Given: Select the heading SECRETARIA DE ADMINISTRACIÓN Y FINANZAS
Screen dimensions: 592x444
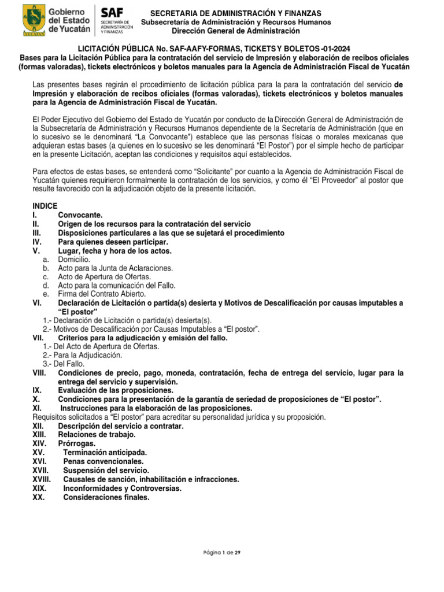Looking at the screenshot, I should [x=236, y=13].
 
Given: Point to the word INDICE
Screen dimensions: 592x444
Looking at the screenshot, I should [x=45, y=206].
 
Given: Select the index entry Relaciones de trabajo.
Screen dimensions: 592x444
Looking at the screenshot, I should [x=97, y=434].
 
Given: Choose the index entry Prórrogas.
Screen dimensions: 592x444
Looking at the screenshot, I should [x=77, y=443].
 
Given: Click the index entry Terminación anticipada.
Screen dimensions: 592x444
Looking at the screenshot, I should [x=105, y=452].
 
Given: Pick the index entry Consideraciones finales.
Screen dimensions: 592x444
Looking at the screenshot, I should [x=106, y=497].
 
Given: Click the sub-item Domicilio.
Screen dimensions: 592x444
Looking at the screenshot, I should [x=74, y=260].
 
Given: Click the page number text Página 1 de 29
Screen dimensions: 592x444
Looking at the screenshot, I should [x=222, y=552].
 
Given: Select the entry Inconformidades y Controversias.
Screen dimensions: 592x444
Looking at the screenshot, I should [x=122, y=488].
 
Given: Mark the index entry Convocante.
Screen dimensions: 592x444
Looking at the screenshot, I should [x=80, y=214].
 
